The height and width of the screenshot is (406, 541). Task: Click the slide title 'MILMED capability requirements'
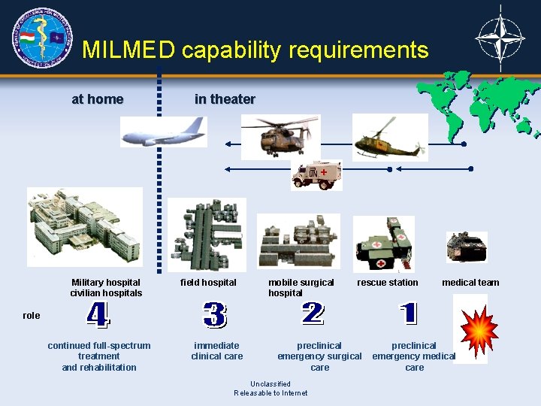click(255, 50)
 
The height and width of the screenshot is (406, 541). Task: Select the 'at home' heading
click(98, 99)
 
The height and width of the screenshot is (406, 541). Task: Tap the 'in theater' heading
click(225, 99)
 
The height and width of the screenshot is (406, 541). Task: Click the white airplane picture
click(164, 132)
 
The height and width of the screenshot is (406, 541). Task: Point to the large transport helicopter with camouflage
click(280, 137)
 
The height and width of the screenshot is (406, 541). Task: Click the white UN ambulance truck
click(316, 175)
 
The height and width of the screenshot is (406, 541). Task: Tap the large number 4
click(98, 315)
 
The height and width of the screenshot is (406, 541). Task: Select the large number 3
click(214, 315)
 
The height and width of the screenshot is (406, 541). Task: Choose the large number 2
click(313, 314)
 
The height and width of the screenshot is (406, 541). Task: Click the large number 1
click(408, 314)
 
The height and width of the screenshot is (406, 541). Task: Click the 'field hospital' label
click(208, 283)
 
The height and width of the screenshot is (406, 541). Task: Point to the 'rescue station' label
click(388, 283)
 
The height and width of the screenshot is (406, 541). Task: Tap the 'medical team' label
click(470, 283)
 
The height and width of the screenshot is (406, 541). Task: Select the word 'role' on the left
click(32, 316)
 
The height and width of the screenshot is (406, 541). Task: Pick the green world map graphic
click(478, 105)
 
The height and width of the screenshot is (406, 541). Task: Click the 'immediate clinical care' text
click(217, 351)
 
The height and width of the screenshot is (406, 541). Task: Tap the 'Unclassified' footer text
click(270, 384)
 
